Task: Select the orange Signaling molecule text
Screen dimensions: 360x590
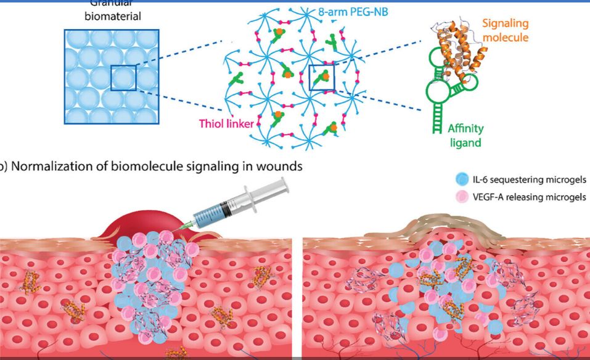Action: (504, 30)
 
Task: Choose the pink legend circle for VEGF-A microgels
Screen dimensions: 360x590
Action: (459, 197)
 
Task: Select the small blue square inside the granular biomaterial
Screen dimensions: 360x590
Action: (123, 78)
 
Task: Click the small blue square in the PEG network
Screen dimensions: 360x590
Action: (322, 77)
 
